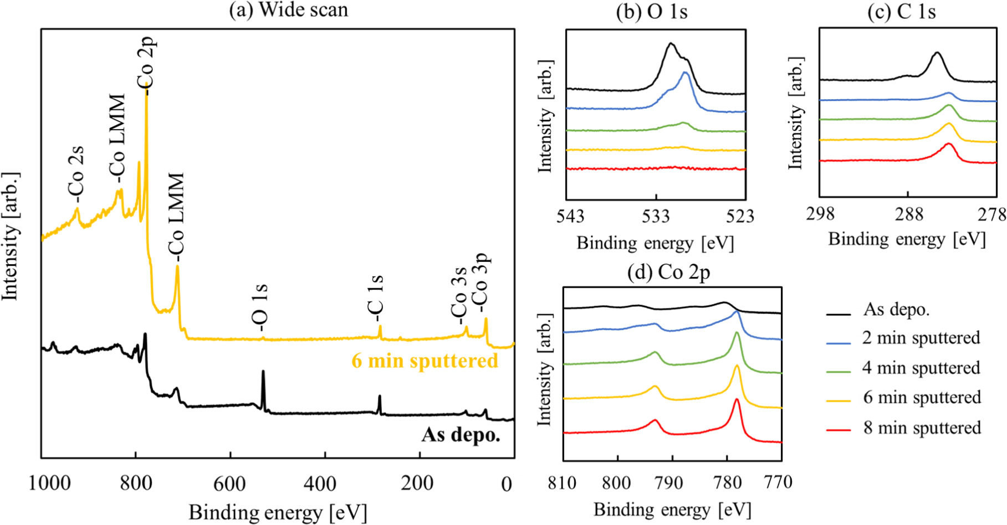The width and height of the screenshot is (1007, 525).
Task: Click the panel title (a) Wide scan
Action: click(289, 10)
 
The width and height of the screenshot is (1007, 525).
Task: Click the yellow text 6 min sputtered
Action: click(425, 361)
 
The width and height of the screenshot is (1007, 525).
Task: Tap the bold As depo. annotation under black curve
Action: click(461, 435)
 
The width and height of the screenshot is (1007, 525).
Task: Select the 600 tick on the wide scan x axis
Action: click(229, 484)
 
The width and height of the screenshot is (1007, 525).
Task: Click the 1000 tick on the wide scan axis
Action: click(50, 484)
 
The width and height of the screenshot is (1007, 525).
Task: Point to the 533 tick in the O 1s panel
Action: click(656, 216)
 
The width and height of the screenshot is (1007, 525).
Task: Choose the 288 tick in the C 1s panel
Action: click(908, 214)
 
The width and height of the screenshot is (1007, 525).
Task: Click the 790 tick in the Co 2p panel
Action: click(671, 483)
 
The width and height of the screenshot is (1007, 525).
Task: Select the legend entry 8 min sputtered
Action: click(922, 428)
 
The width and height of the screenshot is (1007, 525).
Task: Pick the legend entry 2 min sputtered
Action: click(921, 338)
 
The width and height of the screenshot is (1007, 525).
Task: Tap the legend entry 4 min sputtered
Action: click(921, 368)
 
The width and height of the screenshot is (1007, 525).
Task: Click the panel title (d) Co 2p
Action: click(668, 272)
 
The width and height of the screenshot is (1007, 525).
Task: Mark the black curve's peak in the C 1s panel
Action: click(937, 53)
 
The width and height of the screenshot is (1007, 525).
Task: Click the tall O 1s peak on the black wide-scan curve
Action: click(263, 372)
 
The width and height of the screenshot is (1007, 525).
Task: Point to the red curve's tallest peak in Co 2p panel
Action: click(737, 400)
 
